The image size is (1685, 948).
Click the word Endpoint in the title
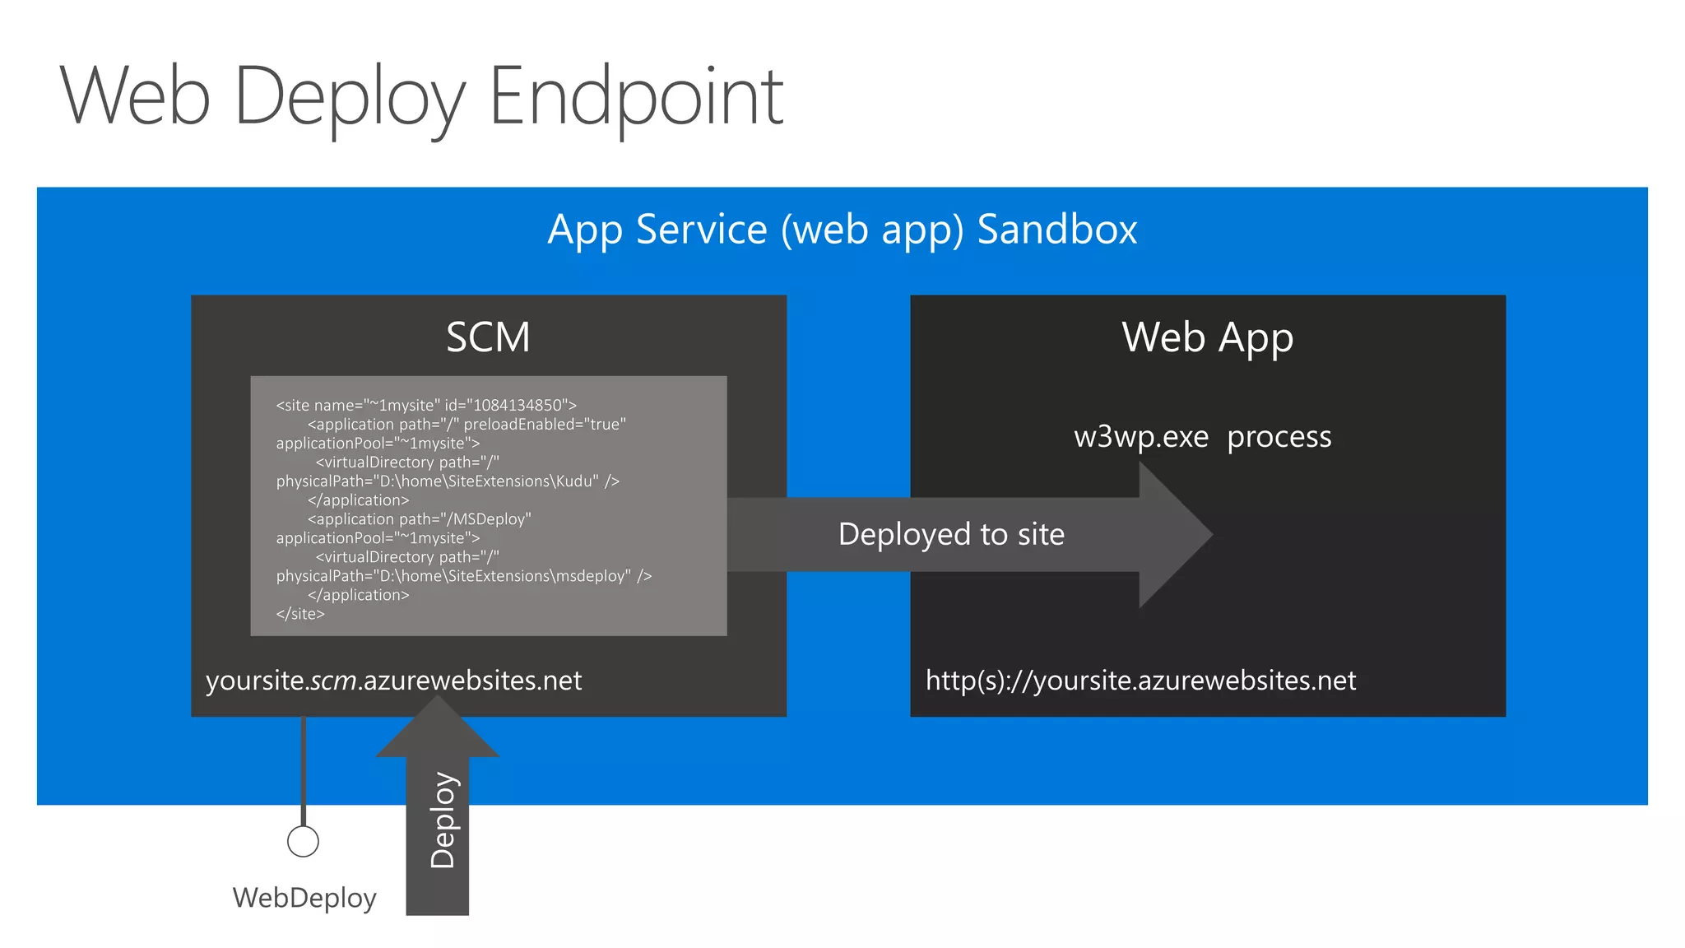click(636, 97)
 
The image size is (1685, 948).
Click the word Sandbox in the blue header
click(1056, 229)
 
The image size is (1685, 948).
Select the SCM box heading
click(488, 337)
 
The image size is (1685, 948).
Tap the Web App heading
click(1207, 337)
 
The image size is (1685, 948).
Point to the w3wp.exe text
click(1141, 436)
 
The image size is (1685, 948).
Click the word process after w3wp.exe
click(1279, 436)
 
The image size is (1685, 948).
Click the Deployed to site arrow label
click(951, 534)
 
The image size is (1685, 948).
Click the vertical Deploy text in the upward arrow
click(442, 820)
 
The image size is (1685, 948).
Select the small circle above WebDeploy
click(303, 841)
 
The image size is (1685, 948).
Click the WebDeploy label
click(304, 897)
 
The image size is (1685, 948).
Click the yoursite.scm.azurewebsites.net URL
click(393, 681)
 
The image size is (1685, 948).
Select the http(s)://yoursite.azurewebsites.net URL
click(1140, 681)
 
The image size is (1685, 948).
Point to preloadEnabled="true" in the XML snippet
click(544, 424)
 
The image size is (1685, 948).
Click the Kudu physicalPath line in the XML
click(448, 481)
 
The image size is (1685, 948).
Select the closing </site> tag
click(300, 614)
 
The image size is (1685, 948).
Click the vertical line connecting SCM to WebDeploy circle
click(304, 770)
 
